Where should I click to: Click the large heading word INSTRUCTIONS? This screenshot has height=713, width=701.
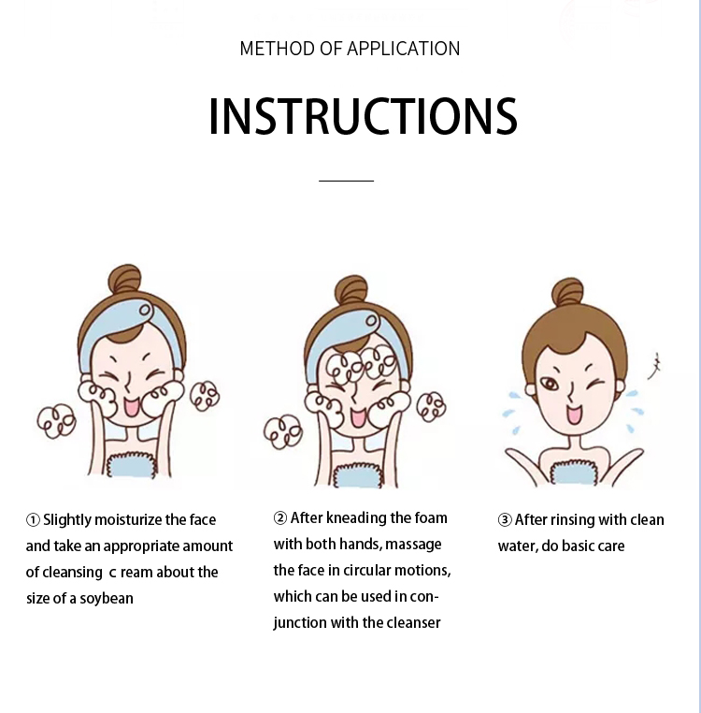tap(363, 116)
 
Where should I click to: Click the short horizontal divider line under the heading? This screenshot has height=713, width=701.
tap(346, 181)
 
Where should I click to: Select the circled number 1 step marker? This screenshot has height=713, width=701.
tap(33, 519)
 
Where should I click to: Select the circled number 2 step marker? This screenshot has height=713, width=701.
tap(280, 518)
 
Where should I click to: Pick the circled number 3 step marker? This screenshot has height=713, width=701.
tap(505, 519)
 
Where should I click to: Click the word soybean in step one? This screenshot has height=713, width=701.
tap(107, 599)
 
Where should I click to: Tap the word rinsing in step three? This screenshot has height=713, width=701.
tap(571, 520)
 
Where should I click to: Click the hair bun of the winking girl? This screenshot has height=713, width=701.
tap(567, 291)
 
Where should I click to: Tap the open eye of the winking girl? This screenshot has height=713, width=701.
tap(550, 385)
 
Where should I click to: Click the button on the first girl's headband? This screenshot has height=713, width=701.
tap(145, 310)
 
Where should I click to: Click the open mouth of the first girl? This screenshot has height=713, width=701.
tap(132, 407)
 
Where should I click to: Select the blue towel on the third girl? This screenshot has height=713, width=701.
tap(574, 473)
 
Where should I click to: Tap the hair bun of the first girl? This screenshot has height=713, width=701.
tap(125, 278)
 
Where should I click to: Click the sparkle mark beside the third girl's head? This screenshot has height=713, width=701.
tap(654, 366)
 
